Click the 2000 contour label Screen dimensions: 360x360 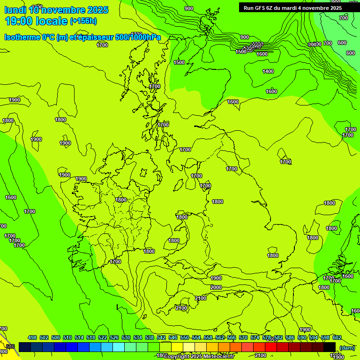pyautogui.click(x=216, y=287)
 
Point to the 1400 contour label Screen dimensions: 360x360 pyautogui.click(x=268, y=71)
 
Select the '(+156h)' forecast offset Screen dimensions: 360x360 pyautogui.click(x=83, y=21)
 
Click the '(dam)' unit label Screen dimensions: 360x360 pyautogui.click(x=347, y=348)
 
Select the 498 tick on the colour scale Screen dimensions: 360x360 pyautogui.click(x=32, y=337)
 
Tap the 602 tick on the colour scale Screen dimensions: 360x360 pyautogui.click(x=337, y=337)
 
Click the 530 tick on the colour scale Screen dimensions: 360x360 pyautogui.click(x=126, y=337)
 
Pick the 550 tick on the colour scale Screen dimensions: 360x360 pyautogui.click(x=185, y=337)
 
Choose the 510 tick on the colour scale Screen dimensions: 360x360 pyautogui.click(x=67, y=337)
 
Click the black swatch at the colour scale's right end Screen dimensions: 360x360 pyautogui.click(x=330, y=347)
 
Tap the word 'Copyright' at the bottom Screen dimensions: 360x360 pyautogui.click(x=177, y=356)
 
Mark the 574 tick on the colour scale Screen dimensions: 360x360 pyautogui.click(x=255, y=337)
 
